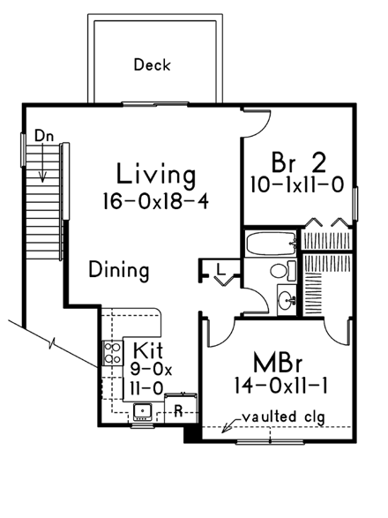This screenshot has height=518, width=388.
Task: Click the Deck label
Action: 152,65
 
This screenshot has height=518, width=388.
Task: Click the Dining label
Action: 118,270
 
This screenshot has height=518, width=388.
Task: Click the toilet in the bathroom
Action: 281,270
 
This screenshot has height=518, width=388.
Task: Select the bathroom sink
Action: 287,299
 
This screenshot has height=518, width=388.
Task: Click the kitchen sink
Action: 141,411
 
